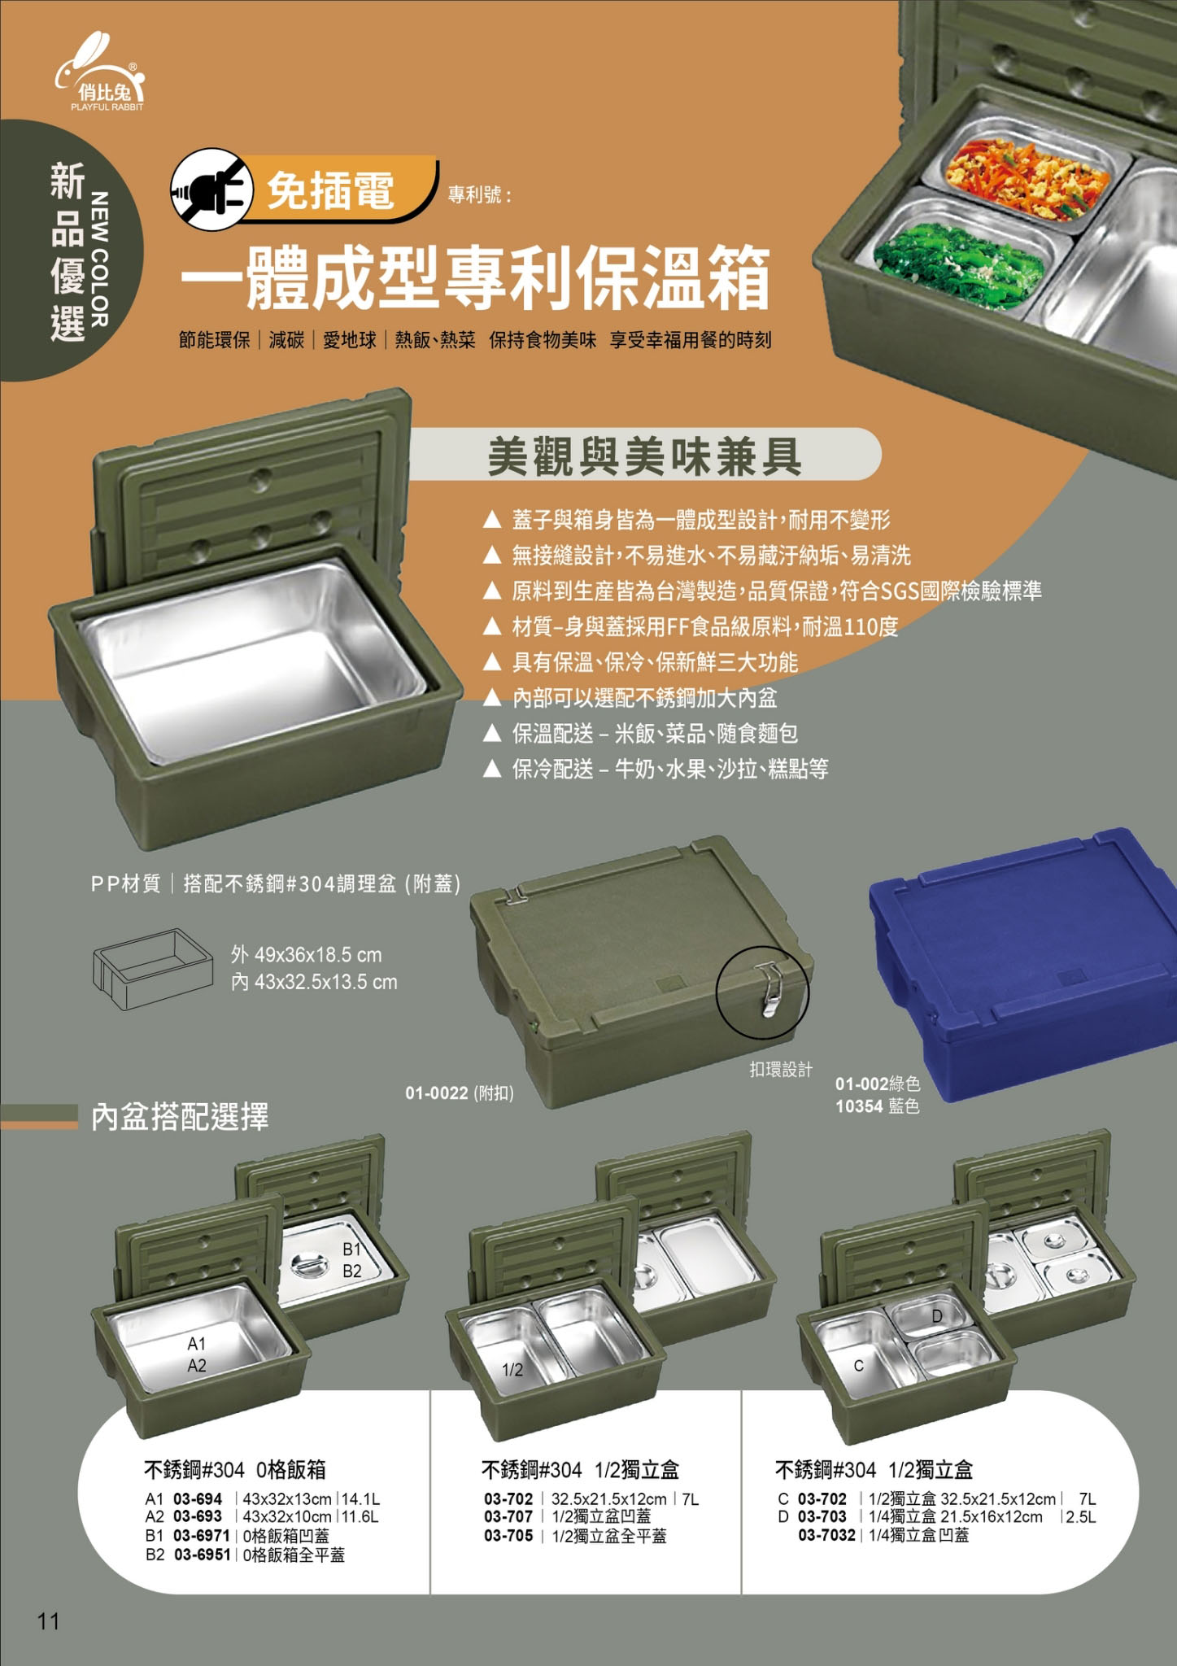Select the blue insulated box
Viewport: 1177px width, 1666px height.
tap(1023, 963)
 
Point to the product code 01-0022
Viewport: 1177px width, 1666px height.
tap(437, 1093)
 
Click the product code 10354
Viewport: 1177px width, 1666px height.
tap(859, 1106)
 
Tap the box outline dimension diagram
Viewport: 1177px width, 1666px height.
tap(146, 968)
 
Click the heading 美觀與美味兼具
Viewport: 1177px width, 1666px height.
tap(644, 456)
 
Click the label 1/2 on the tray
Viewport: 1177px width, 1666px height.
tap(512, 1370)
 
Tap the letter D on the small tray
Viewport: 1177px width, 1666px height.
tap(938, 1315)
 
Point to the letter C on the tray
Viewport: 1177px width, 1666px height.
tap(859, 1367)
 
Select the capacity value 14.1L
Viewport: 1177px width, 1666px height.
tap(361, 1499)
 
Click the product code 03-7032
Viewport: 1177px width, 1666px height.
tap(826, 1535)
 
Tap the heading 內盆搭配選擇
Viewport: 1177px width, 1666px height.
tap(180, 1117)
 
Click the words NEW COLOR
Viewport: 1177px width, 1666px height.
tap(99, 259)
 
